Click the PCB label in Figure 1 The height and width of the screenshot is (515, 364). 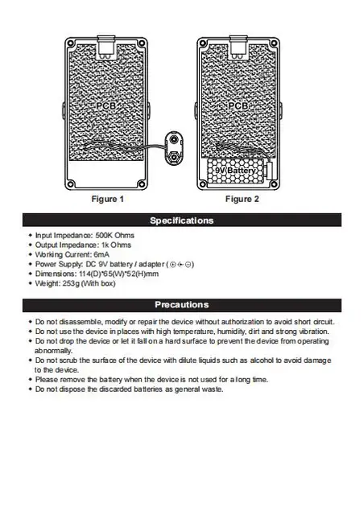click(x=105, y=105)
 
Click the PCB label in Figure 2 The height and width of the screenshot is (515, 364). click(x=238, y=105)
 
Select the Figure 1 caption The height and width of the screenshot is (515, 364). click(x=108, y=199)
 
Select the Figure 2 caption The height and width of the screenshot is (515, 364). click(x=242, y=199)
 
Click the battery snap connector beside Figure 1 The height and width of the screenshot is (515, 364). click(x=175, y=144)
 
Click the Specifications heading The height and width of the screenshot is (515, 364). click(x=181, y=220)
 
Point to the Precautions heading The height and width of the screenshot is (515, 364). click(x=181, y=305)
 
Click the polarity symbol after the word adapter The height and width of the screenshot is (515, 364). click(x=180, y=264)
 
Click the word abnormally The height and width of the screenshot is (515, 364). click(x=54, y=351)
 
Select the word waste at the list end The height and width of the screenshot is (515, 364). click(x=212, y=389)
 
